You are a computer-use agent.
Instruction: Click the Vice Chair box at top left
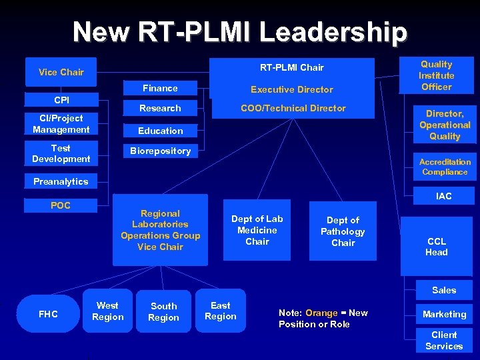61,72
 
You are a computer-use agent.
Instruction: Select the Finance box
160,88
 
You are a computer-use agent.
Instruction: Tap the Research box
160,108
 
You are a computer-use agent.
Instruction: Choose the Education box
160,131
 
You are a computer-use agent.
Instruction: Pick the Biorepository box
160,151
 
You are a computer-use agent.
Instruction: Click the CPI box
61,100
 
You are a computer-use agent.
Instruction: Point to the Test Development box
61,153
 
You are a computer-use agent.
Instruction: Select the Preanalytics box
61,181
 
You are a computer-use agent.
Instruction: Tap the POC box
61,205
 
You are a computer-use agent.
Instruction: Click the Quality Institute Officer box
437,75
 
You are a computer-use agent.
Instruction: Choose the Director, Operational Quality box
445,125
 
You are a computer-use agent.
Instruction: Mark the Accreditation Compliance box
445,167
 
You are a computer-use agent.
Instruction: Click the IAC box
444,196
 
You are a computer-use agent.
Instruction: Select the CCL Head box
437,247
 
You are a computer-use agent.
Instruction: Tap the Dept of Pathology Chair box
343,231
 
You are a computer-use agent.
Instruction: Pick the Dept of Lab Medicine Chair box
257,230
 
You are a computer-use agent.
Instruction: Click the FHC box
48,314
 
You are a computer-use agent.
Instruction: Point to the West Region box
108,311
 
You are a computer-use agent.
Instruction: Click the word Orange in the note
321,313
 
